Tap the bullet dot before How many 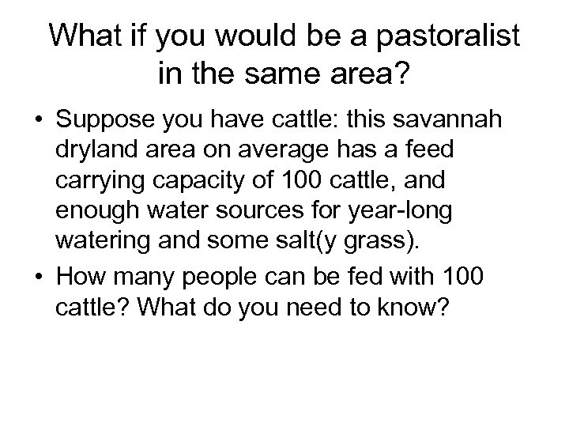point(37,278)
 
